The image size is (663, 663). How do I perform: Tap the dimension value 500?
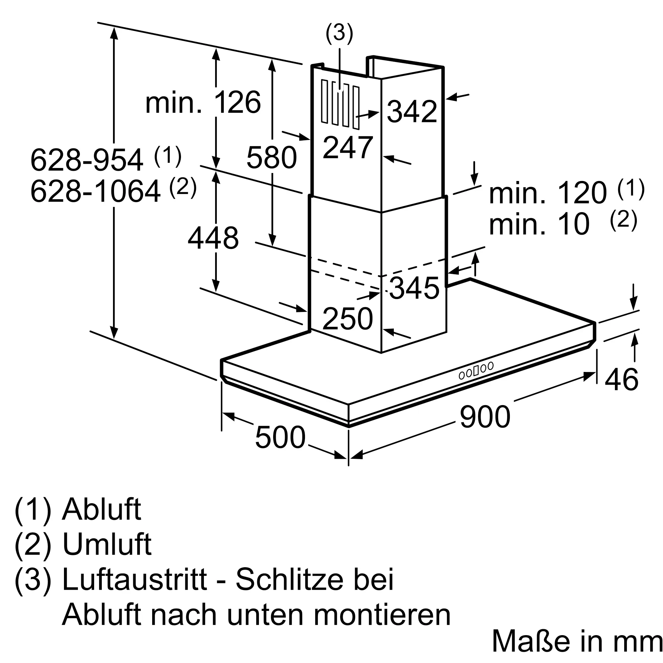click(x=280, y=437)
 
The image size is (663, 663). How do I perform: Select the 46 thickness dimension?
click(x=622, y=379)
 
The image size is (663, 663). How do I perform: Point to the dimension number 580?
click(x=271, y=157)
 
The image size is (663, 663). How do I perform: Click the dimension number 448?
click(x=213, y=237)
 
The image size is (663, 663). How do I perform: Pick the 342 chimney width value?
click(x=412, y=111)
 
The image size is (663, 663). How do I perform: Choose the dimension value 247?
click(x=348, y=147)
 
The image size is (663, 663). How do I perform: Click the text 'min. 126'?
click(x=203, y=102)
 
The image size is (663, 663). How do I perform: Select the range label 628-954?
click(x=87, y=159)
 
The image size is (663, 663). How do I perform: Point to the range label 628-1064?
click(x=95, y=191)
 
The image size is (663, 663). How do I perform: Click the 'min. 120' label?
click(x=548, y=193)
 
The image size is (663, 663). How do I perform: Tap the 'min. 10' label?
click(x=539, y=224)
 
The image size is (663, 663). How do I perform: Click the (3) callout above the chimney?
click(x=339, y=33)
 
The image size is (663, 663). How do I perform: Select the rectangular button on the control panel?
click(x=476, y=371)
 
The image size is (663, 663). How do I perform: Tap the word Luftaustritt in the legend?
click(x=135, y=579)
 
